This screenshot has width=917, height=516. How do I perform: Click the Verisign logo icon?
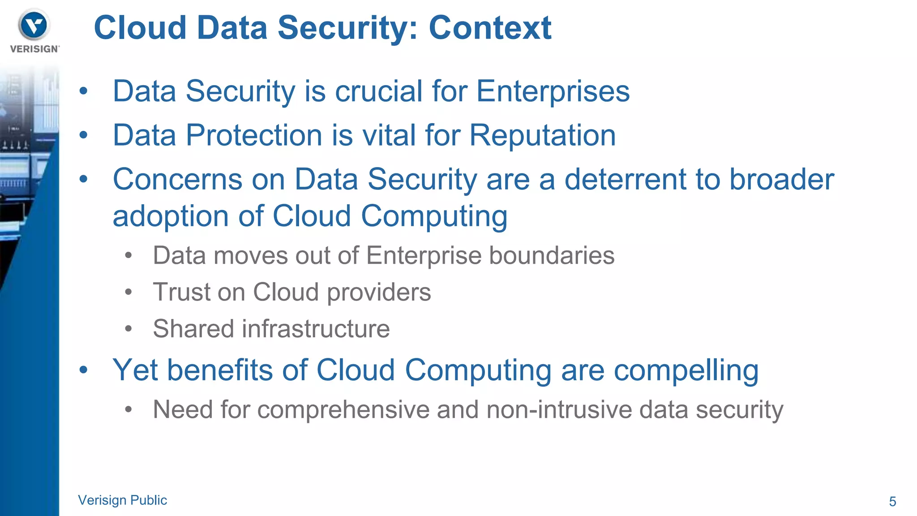pyautogui.click(x=34, y=25)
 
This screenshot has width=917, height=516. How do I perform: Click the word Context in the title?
pyautogui.click(x=490, y=28)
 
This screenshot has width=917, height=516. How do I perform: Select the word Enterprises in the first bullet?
pyautogui.click(x=553, y=91)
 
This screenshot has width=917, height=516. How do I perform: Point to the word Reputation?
pyautogui.click(x=542, y=135)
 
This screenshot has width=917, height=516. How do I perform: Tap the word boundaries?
pyautogui.click(x=551, y=255)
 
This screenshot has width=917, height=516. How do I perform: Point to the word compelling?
pyautogui.click(x=686, y=371)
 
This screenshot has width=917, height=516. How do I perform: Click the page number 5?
pyautogui.click(x=892, y=501)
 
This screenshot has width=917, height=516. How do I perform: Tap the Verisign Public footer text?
pyautogui.click(x=122, y=500)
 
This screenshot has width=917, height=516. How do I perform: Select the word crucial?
pyautogui.click(x=378, y=91)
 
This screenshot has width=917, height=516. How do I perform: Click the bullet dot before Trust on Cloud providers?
pyautogui.click(x=129, y=292)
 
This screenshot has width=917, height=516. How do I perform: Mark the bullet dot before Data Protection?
pyautogui.click(x=83, y=135)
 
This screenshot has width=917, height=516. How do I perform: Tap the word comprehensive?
pyautogui.click(x=343, y=409)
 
